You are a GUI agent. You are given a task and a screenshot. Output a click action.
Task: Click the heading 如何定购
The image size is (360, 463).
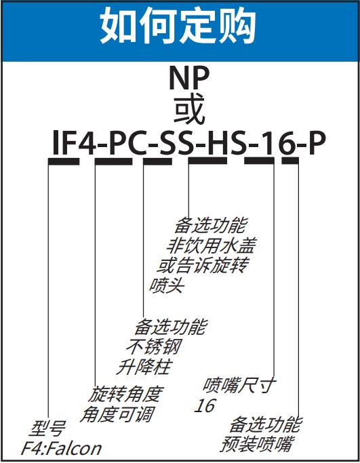click(x=178, y=25)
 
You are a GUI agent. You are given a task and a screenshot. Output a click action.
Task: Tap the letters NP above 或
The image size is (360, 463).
click(x=189, y=78)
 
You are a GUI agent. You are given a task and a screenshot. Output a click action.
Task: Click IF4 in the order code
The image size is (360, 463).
click(x=73, y=143)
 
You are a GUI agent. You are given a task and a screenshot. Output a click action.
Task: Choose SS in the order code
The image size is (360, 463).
click(x=176, y=143)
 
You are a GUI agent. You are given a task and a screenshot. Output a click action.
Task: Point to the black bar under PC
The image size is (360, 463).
click(x=113, y=161)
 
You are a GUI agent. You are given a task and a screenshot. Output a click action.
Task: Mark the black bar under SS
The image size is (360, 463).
click(x=157, y=161)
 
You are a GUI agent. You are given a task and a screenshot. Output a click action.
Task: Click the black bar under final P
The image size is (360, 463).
click(x=290, y=161)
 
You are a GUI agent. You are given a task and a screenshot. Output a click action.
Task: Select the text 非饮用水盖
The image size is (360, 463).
click(x=210, y=245)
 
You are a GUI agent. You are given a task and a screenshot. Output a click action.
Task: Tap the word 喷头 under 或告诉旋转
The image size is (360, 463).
click(x=167, y=285)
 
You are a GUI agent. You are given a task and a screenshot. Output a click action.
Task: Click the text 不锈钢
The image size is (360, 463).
click(x=154, y=346)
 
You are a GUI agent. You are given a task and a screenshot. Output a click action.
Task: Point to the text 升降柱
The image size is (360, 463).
click(x=144, y=367)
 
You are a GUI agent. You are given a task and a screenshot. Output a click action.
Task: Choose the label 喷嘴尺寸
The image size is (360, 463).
click(x=239, y=385)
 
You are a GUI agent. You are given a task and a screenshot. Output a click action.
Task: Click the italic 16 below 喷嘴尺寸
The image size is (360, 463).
click(x=205, y=405)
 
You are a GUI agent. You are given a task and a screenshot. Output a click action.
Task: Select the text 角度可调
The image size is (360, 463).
click(x=117, y=414)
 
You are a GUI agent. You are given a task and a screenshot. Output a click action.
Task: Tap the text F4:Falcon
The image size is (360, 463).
click(x=62, y=449)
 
